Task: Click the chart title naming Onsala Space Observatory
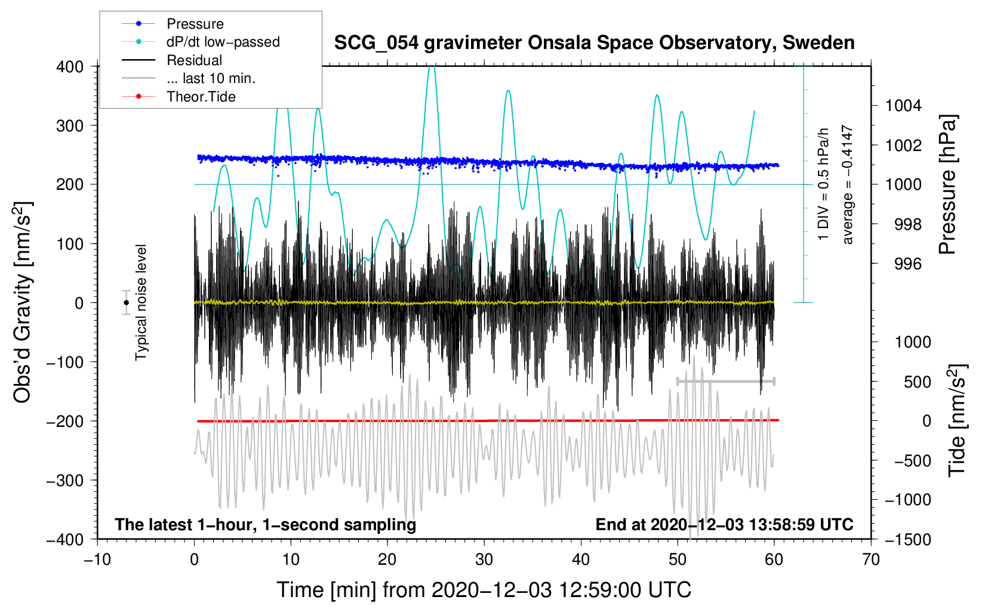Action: pos(594,43)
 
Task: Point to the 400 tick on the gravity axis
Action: pos(70,67)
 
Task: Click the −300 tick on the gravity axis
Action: pos(65,481)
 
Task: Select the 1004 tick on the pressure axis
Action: pos(903,106)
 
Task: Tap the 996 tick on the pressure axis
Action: pos(908,264)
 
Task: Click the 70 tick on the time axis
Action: pos(870,559)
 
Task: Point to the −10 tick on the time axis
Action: pos(97,559)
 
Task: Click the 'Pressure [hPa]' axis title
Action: pos(947,184)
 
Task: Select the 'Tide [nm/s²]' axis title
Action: pos(958,420)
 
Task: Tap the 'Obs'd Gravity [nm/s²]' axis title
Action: pos(23,302)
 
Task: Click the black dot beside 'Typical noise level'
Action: pos(126,303)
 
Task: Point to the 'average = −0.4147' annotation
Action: pos(847,184)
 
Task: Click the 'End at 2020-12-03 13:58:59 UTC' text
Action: pos(724,524)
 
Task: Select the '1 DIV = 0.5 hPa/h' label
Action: pos(823,184)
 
